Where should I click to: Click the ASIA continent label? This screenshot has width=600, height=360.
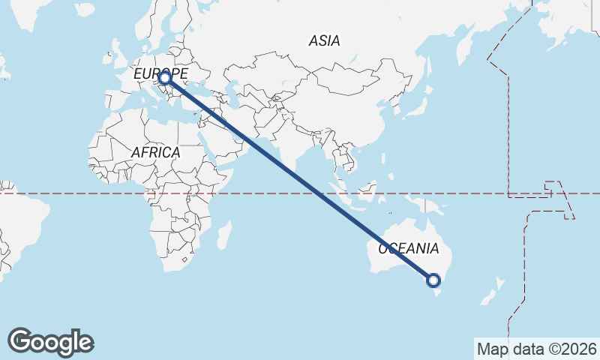(x=324, y=41)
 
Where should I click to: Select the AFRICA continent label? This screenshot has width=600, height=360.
(x=156, y=152)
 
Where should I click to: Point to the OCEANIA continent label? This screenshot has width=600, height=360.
(x=408, y=248)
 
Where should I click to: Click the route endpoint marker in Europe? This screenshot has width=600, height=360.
(x=164, y=77)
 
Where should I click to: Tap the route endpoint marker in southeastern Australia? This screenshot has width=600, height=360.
(x=433, y=280)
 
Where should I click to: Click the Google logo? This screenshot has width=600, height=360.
(x=50, y=342)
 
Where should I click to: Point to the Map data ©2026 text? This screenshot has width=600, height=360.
(x=536, y=349)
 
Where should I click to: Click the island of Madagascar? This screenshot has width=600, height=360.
(x=224, y=235)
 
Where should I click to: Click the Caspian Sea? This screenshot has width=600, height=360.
(x=235, y=90)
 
